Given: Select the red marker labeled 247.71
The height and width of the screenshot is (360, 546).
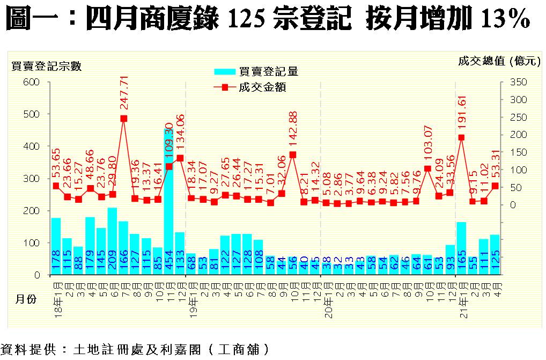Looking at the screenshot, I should (x=124, y=119).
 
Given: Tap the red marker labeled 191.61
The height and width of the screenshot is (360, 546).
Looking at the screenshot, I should (x=461, y=137).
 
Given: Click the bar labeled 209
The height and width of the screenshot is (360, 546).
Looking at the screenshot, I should (x=113, y=241).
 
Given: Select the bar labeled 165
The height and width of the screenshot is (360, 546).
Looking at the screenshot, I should (x=461, y=248).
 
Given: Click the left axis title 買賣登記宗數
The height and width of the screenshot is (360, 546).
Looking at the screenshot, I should (x=47, y=66).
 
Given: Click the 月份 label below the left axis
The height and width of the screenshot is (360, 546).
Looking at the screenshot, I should (x=25, y=299).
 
